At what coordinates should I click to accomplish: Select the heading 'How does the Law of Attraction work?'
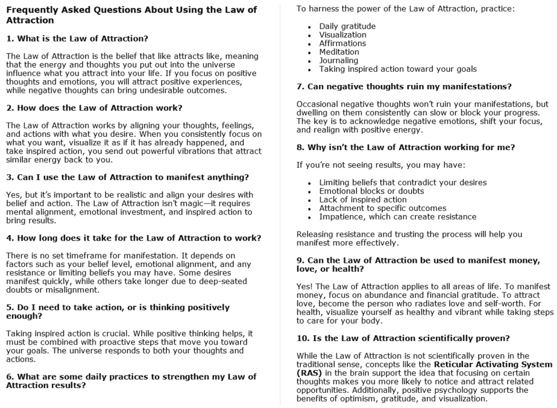click(95, 108)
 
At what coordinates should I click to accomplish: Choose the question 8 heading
click(406, 147)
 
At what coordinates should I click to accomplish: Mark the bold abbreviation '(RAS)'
click(309, 373)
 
